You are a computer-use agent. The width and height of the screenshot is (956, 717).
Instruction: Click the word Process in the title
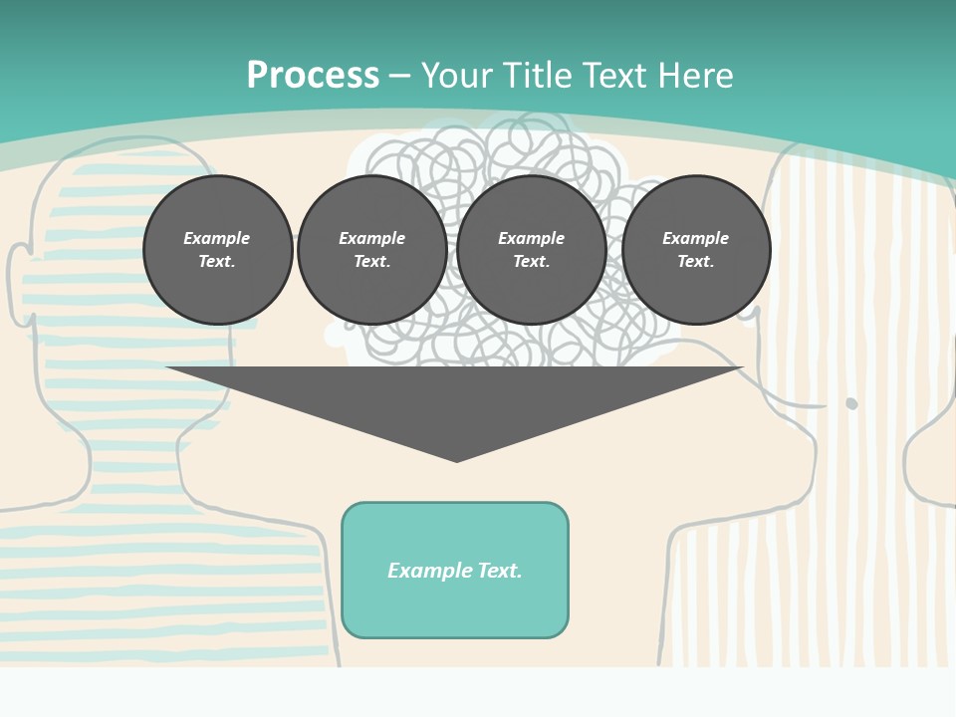pos(313,76)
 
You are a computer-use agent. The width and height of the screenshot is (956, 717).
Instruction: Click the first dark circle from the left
pos(217,250)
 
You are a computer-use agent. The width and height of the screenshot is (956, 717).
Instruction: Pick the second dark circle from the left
pos(371,250)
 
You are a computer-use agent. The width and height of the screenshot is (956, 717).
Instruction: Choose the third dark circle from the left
pos(531,250)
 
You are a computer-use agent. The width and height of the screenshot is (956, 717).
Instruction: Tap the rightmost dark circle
pos(695,250)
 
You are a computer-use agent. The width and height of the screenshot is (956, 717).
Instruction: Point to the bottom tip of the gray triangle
pos(456,460)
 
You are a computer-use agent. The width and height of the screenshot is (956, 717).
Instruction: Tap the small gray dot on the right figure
pos(851,403)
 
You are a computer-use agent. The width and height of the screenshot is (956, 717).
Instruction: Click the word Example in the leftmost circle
pos(217,238)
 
